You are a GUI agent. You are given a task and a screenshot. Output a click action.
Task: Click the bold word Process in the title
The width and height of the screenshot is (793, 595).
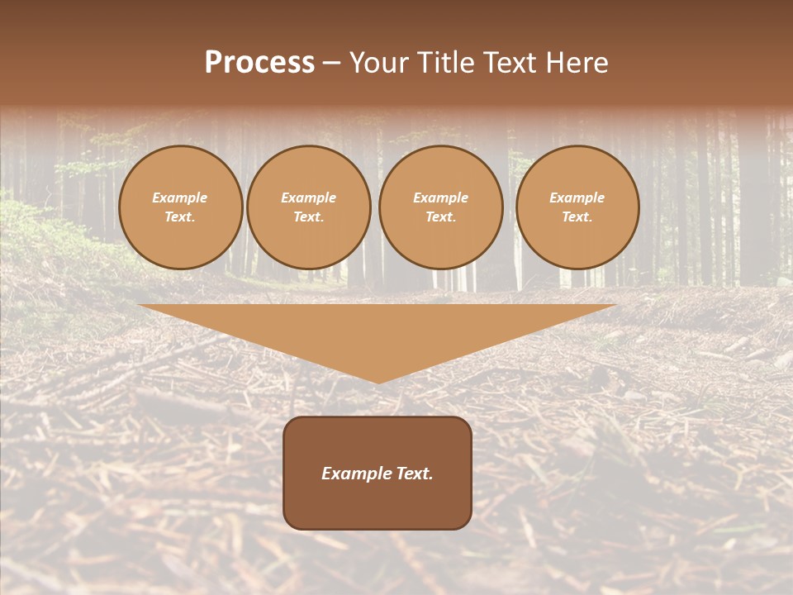259,63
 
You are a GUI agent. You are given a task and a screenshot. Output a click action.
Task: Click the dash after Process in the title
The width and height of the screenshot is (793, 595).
332,64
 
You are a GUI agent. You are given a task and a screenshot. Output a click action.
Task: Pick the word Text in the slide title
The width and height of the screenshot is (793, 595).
513,63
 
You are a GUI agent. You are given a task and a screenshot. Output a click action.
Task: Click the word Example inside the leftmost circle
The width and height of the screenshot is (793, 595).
180,198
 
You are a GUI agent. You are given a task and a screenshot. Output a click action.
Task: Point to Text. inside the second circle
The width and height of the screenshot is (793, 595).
309,217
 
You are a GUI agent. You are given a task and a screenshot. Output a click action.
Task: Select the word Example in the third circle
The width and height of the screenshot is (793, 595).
441,198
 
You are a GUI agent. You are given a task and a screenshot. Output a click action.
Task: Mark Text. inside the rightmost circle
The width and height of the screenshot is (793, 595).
577,217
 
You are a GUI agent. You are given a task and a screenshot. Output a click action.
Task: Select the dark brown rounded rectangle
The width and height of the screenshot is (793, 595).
378,504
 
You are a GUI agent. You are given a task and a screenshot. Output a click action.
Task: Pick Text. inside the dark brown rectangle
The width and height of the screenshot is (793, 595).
414,474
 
